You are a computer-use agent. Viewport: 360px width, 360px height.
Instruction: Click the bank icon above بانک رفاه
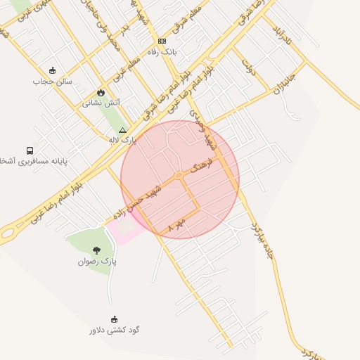click(162, 41)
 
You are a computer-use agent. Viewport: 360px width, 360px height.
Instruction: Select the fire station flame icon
click(101, 92)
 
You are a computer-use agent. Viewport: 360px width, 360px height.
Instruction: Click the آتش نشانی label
click(101, 103)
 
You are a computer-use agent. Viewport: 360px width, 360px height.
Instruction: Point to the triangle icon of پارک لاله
click(123, 130)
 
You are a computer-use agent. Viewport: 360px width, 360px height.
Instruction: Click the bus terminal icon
click(30, 150)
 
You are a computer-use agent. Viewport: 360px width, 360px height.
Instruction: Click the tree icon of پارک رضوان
click(96, 250)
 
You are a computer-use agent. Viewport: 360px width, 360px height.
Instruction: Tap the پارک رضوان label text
click(98, 261)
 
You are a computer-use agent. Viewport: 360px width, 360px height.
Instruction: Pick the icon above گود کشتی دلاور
click(114, 319)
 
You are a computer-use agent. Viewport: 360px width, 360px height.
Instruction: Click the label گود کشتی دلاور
click(114, 329)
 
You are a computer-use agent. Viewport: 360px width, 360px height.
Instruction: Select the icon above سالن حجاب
click(52, 71)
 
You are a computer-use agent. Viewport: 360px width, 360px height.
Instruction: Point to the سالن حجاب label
click(53, 82)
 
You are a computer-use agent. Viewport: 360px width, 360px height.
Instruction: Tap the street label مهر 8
click(176, 226)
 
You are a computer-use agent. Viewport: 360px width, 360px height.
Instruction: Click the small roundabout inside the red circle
click(180, 174)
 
